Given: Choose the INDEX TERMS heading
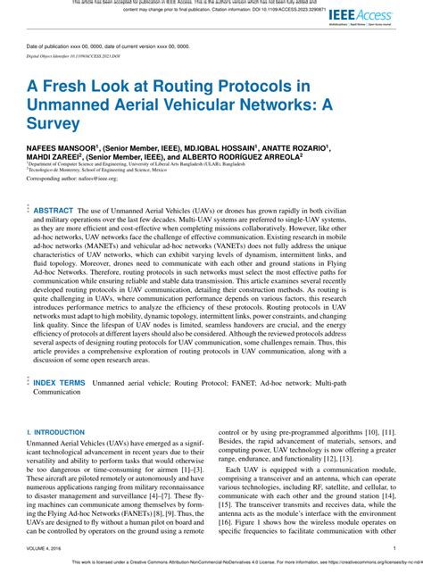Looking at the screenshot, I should [59, 382].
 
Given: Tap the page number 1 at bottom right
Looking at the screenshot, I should [394, 549].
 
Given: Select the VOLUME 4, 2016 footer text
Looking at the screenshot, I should [46, 549].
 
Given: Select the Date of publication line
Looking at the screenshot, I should [110, 46].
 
